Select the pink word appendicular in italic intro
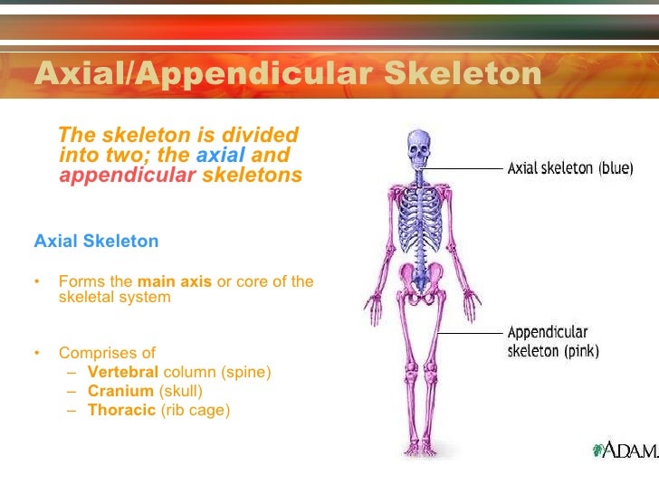[127, 176]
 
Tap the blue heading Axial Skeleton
[96, 242]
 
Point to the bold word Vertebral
[123, 372]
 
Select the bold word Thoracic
[121, 410]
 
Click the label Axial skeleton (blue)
[569, 168]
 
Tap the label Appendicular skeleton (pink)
[552, 341]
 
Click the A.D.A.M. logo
[623, 450]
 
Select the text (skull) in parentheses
[180, 391]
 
